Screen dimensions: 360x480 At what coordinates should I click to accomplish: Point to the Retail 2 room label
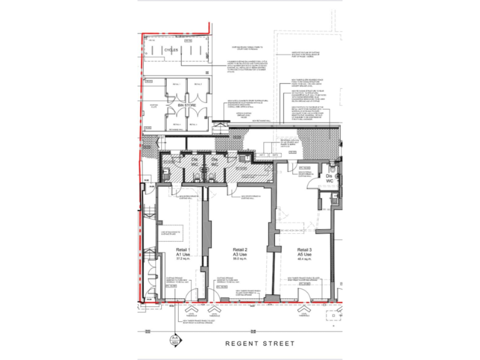pyautogui.click(x=238, y=250)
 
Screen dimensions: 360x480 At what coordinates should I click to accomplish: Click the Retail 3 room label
pyautogui.click(x=304, y=250)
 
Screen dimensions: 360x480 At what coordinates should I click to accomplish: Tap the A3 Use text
pyautogui.click(x=238, y=255)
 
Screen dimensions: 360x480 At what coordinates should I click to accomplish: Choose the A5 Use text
pyautogui.click(x=304, y=255)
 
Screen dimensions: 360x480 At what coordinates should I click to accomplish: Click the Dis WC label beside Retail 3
pyautogui.click(x=329, y=179)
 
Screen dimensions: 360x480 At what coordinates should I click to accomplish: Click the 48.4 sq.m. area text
pyautogui.click(x=304, y=260)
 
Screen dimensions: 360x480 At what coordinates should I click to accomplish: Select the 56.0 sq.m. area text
pyautogui.click(x=238, y=260)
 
